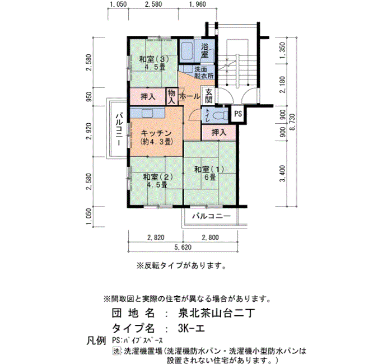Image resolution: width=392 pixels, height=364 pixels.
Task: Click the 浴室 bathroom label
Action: (x=205, y=51)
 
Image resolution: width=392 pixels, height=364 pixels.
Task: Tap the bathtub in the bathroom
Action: (x=186, y=52)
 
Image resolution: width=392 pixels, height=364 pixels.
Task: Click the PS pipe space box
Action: (x=238, y=114)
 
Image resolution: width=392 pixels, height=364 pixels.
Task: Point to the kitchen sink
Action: (x=147, y=113)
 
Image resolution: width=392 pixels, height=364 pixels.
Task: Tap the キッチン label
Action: (x=156, y=133)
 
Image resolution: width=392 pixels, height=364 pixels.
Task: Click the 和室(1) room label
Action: (x=209, y=169)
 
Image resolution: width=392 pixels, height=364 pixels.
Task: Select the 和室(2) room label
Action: (x=158, y=177)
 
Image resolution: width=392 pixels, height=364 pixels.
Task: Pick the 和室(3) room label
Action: (x=154, y=59)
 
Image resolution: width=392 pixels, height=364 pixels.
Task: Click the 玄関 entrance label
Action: (x=209, y=96)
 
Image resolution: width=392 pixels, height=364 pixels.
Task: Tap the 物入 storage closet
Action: (x=171, y=97)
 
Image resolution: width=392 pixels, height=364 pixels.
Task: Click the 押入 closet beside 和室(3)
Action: (x=148, y=96)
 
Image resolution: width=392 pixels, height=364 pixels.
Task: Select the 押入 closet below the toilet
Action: (x=219, y=133)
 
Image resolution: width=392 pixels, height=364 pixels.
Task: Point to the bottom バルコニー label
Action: (x=212, y=216)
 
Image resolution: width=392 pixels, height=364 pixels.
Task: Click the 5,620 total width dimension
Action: (x=183, y=248)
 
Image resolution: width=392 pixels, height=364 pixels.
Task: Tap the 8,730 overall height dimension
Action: (x=292, y=122)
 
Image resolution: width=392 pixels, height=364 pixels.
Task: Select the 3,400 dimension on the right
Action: (x=282, y=174)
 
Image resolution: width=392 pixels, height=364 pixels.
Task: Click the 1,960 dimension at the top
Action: (x=198, y=4)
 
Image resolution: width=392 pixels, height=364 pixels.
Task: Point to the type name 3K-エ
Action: (x=192, y=328)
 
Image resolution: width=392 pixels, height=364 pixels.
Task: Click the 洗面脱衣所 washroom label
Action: (x=204, y=72)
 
